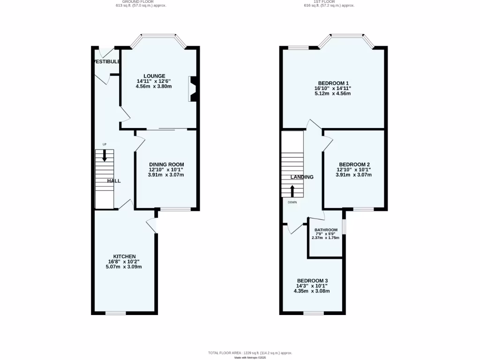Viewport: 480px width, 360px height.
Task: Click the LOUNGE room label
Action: pyautogui.click(x=154, y=76)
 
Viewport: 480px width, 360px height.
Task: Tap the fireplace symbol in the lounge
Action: pyautogui.click(x=192, y=89)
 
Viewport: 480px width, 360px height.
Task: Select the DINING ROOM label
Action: pyautogui.click(x=166, y=164)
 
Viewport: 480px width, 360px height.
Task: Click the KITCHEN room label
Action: pyautogui.click(x=124, y=256)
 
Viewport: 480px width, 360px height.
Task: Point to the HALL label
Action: pyautogui.click(x=114, y=181)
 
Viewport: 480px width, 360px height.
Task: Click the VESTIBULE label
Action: pyautogui.click(x=106, y=61)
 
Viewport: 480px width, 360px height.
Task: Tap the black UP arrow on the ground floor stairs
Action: pyautogui.click(x=105, y=156)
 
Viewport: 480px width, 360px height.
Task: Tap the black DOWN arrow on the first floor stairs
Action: pyautogui.click(x=292, y=190)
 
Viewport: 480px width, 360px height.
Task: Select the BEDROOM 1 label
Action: pyautogui.click(x=333, y=82)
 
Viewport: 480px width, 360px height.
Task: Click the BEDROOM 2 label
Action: pyautogui.click(x=354, y=164)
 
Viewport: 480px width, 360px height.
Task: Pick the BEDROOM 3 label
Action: pyautogui.click(x=312, y=280)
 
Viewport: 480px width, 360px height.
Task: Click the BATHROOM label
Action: pyautogui.click(x=326, y=230)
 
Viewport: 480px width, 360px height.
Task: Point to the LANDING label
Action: pyautogui.click(x=302, y=177)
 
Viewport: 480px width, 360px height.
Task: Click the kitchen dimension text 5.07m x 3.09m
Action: pyautogui.click(x=124, y=267)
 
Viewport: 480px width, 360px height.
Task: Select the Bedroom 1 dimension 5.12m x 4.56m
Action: pyautogui.click(x=333, y=93)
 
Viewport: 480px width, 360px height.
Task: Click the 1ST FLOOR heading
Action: pyautogui.click(x=329, y=2)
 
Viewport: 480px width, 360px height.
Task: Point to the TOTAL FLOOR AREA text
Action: pyautogui.click(x=250, y=352)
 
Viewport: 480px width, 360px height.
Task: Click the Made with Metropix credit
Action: pyautogui.click(x=250, y=358)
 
